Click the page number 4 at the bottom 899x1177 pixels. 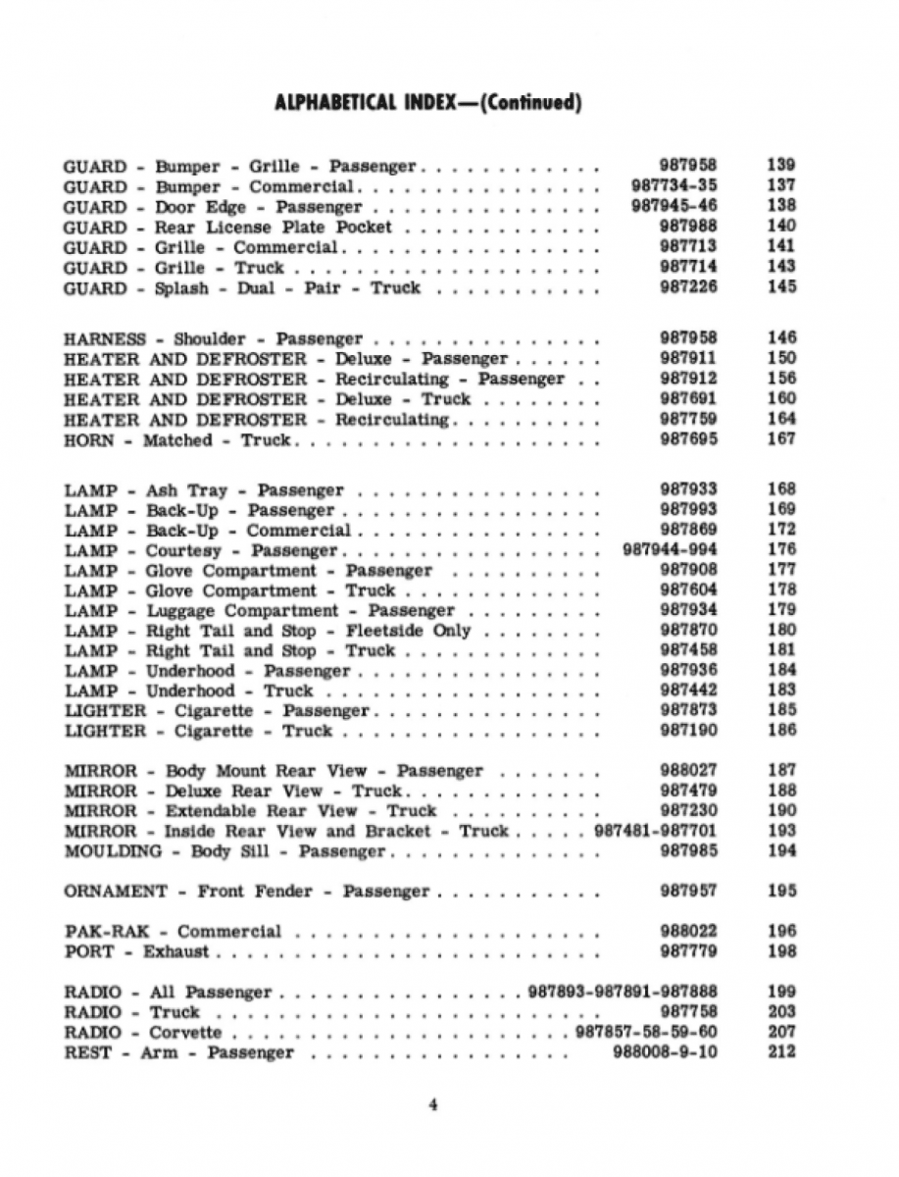pos(432,1105)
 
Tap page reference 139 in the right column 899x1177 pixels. pos(781,166)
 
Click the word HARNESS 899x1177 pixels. pos(104,339)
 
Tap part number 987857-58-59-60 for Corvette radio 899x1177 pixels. pos(646,1033)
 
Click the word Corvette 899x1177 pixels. pos(185,1033)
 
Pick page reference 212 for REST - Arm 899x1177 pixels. pos(781,1052)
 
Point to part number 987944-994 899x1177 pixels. pos(670,550)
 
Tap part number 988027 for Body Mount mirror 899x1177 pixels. pos(687,771)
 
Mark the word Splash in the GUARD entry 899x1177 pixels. pos(181,288)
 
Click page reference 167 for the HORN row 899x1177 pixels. pos(781,439)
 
